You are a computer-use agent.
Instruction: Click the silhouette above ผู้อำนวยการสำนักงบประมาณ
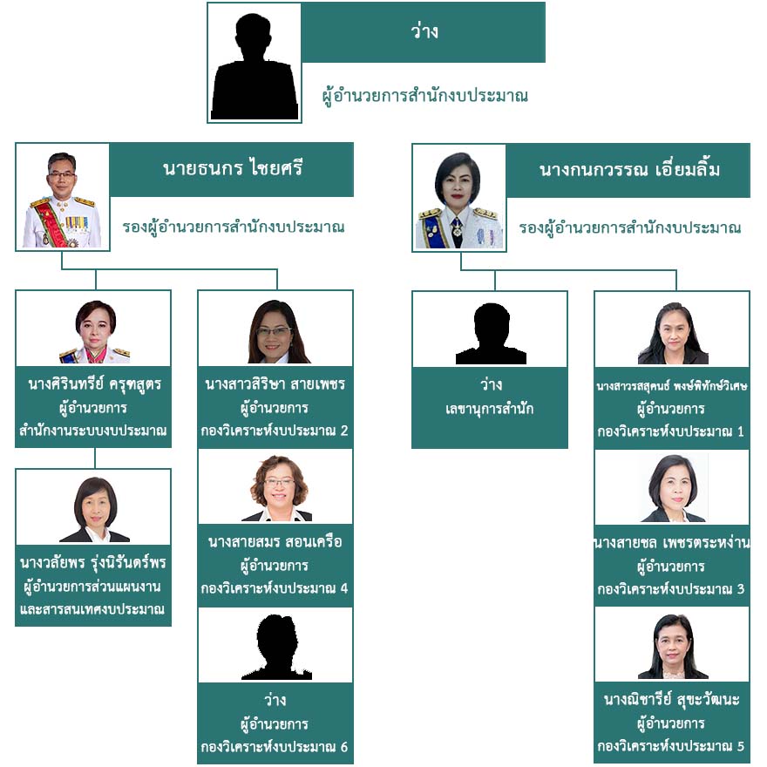click(x=255, y=65)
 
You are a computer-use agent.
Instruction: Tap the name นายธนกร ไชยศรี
click(x=232, y=169)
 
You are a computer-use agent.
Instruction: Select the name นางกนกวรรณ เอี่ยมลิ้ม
click(x=629, y=169)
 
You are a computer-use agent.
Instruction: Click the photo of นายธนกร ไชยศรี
click(x=62, y=198)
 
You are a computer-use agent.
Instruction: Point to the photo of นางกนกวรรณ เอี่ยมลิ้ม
click(x=458, y=198)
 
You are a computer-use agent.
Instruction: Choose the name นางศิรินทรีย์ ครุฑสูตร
click(x=94, y=383)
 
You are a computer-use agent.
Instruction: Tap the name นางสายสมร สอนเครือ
click(x=275, y=542)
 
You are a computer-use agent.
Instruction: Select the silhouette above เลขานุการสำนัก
click(x=490, y=333)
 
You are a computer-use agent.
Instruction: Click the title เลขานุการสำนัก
click(x=490, y=408)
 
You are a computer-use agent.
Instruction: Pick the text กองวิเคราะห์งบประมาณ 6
click(x=275, y=747)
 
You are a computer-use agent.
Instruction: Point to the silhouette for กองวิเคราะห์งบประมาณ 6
click(x=276, y=648)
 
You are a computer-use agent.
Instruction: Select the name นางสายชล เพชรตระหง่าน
click(x=671, y=543)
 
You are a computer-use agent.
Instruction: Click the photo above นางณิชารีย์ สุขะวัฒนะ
click(x=672, y=647)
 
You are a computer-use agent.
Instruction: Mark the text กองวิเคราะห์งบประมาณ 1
click(x=671, y=431)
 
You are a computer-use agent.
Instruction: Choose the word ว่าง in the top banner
click(x=424, y=33)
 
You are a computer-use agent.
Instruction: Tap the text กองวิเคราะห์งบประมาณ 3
click(x=671, y=589)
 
